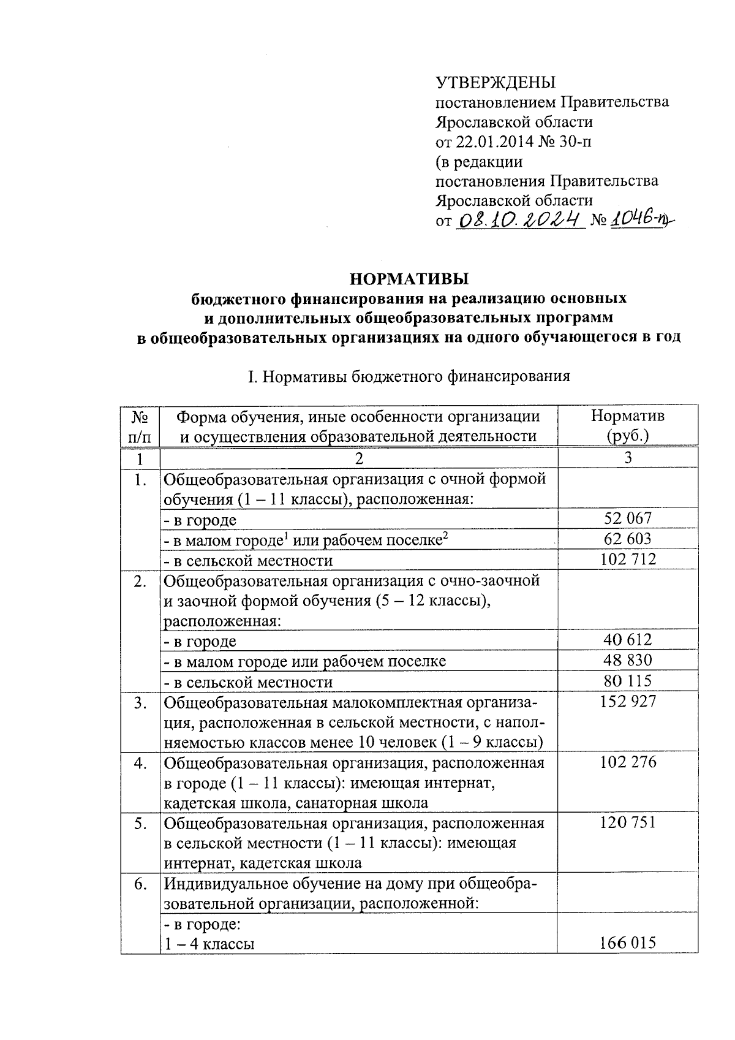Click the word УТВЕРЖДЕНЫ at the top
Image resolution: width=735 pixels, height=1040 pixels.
(495, 83)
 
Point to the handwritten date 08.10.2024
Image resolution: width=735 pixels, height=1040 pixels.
(518, 219)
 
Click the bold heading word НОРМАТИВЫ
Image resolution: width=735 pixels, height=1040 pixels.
(409, 279)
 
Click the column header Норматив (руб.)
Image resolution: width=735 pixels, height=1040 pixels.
(627, 425)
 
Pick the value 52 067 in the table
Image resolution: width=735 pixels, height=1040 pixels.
(628, 518)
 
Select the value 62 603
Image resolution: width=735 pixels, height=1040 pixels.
(628, 539)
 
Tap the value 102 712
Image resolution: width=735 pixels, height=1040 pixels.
(628, 559)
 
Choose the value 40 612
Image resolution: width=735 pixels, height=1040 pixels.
(628, 640)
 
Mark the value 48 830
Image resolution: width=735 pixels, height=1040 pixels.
(628, 660)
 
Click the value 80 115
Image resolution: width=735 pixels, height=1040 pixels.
(628, 681)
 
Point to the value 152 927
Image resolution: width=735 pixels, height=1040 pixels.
(628, 701)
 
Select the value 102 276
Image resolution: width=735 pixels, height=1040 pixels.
(628, 762)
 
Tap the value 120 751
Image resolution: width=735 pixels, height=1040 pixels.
(628, 822)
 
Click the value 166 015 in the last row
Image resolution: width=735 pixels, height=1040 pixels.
(628, 943)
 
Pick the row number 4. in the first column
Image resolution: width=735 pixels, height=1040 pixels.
(140, 763)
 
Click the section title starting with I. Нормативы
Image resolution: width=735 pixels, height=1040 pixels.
(409, 376)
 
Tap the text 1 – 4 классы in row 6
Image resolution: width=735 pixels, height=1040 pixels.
(209, 944)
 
